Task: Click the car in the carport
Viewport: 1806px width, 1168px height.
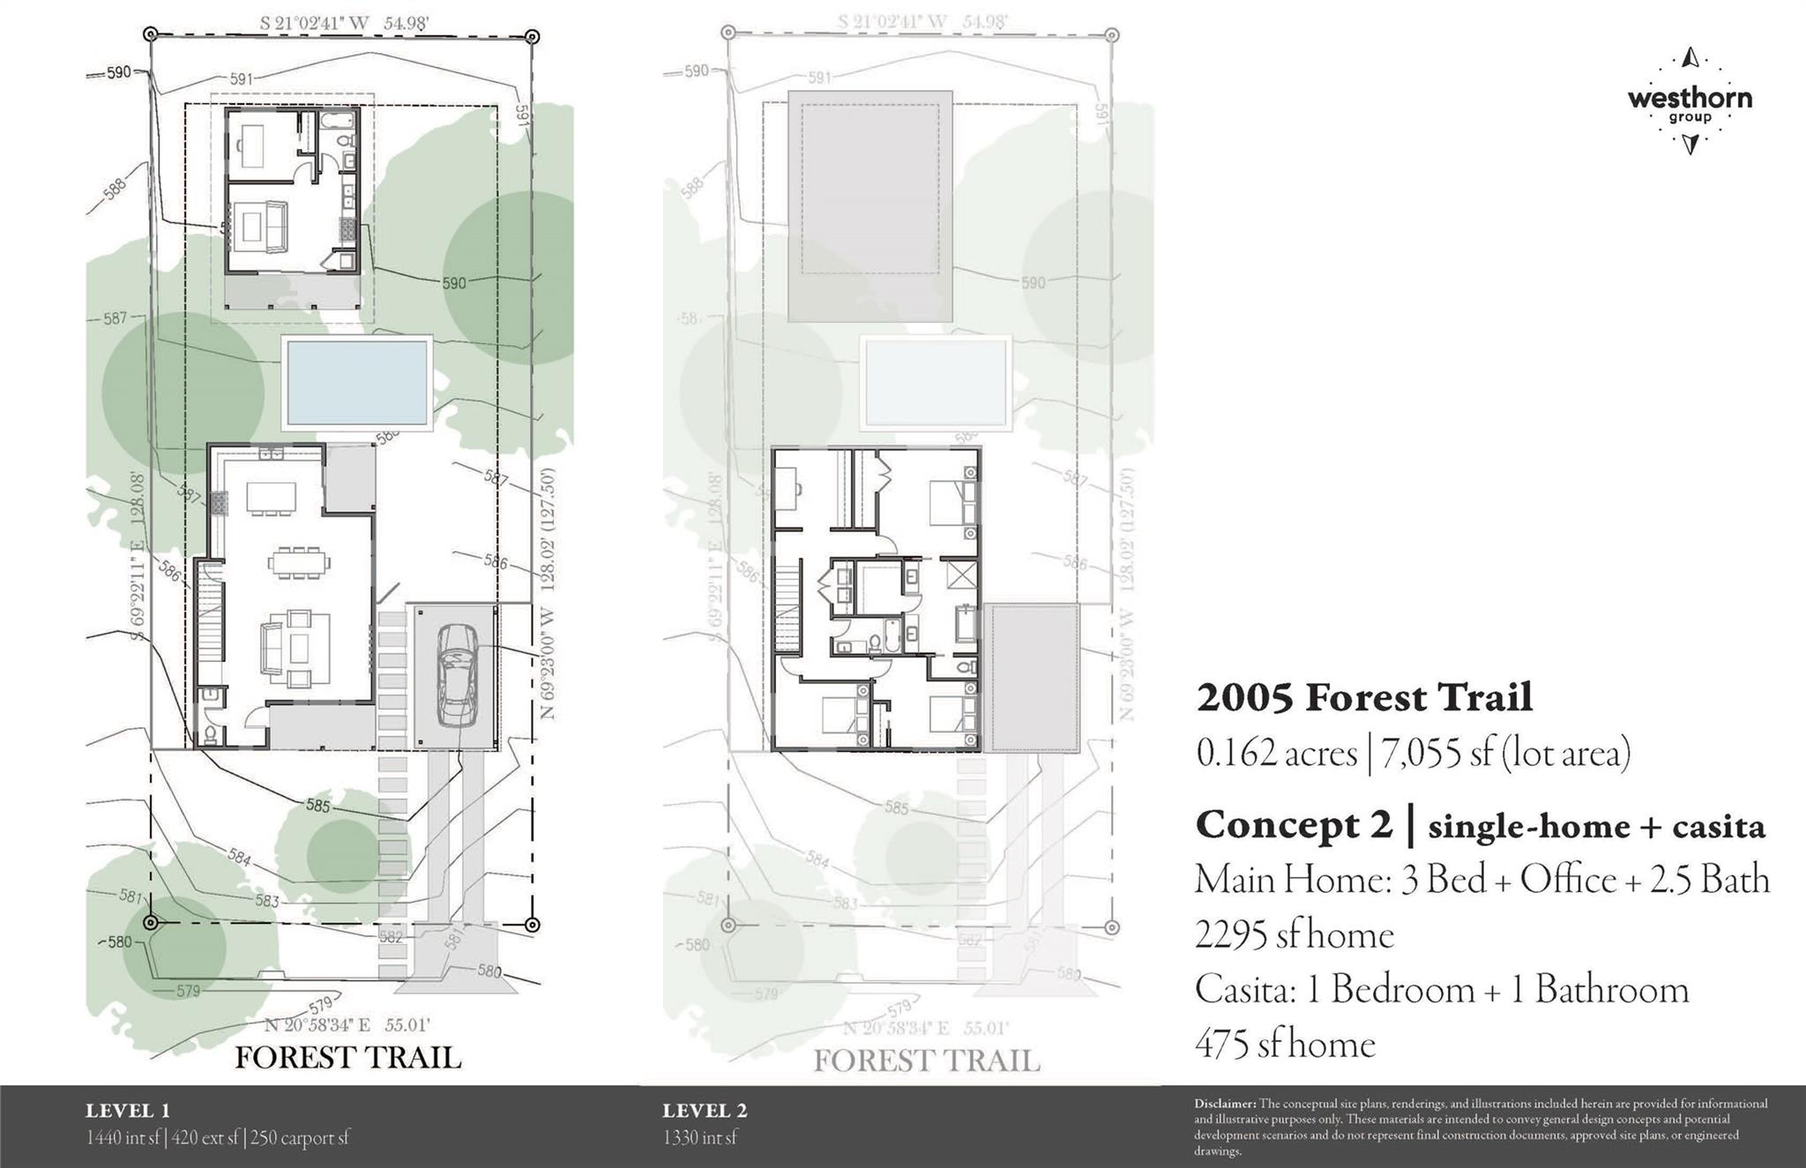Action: pyautogui.click(x=457, y=674)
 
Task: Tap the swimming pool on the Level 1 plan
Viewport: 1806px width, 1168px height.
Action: pyautogui.click(x=357, y=383)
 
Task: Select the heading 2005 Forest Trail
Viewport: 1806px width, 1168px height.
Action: pyautogui.click(x=1364, y=697)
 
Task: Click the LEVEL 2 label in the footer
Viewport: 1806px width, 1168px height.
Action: pyautogui.click(x=705, y=1111)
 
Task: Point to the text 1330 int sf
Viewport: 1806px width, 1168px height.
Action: pyautogui.click(x=700, y=1138)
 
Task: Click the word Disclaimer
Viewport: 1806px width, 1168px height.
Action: pyautogui.click(x=1225, y=1104)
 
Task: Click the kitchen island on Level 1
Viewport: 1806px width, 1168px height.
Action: pyautogui.click(x=272, y=497)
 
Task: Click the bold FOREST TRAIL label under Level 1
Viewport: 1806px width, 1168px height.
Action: pyautogui.click(x=348, y=1057)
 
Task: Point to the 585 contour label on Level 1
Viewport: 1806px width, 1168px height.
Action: pyautogui.click(x=318, y=806)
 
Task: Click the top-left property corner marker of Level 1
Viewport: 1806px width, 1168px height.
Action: pyautogui.click(x=150, y=34)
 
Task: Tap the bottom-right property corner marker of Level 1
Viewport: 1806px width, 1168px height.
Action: pyautogui.click(x=532, y=924)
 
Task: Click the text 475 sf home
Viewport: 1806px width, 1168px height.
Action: pyautogui.click(x=1285, y=1045)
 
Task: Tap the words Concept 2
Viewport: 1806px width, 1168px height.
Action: pyautogui.click(x=1294, y=826)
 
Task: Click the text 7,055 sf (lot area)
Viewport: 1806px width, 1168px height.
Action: pyautogui.click(x=1505, y=754)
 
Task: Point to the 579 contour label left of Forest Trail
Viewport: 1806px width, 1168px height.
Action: pyautogui.click(x=188, y=991)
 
